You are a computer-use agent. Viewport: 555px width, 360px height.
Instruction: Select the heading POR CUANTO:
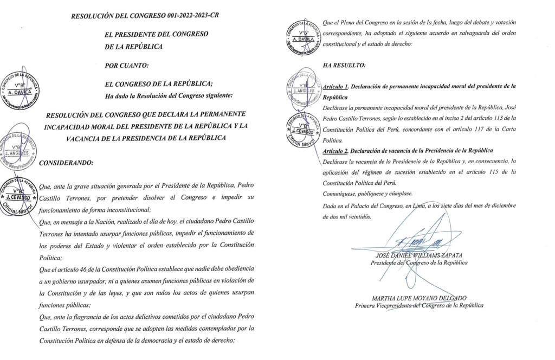pyautogui.click(x=126, y=66)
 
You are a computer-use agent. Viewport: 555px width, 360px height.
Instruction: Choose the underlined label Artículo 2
pyautogui.click(x=335, y=150)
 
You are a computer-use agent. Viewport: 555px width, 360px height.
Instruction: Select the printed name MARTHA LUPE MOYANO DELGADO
pyautogui.click(x=420, y=297)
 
